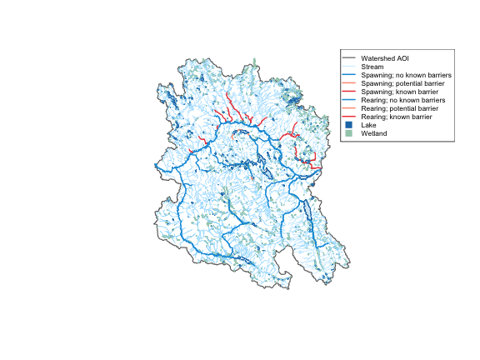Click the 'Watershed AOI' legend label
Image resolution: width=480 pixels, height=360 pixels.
pyautogui.click(x=383, y=58)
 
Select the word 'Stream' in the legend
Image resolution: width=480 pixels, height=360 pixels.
pyautogui.click(x=372, y=67)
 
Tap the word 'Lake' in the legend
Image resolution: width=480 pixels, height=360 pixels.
pyautogui.click(x=368, y=125)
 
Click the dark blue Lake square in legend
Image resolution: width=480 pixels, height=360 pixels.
pyautogui.click(x=349, y=125)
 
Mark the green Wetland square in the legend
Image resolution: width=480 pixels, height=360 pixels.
pyautogui.click(x=349, y=133)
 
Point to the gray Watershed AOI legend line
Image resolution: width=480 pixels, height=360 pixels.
pyautogui.click(x=349, y=58)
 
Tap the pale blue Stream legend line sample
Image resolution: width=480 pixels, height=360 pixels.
pyautogui.click(x=349, y=67)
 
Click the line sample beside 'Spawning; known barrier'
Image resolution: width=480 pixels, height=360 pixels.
pyautogui.click(x=349, y=92)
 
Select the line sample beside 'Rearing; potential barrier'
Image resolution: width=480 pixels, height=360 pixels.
pyautogui.click(x=349, y=108)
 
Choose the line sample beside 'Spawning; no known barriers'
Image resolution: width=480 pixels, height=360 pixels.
pyautogui.click(x=349, y=75)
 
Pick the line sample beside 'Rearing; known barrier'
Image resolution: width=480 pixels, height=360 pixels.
pyautogui.click(x=349, y=117)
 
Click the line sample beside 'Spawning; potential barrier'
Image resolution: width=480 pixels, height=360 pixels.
pyautogui.click(x=349, y=83)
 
